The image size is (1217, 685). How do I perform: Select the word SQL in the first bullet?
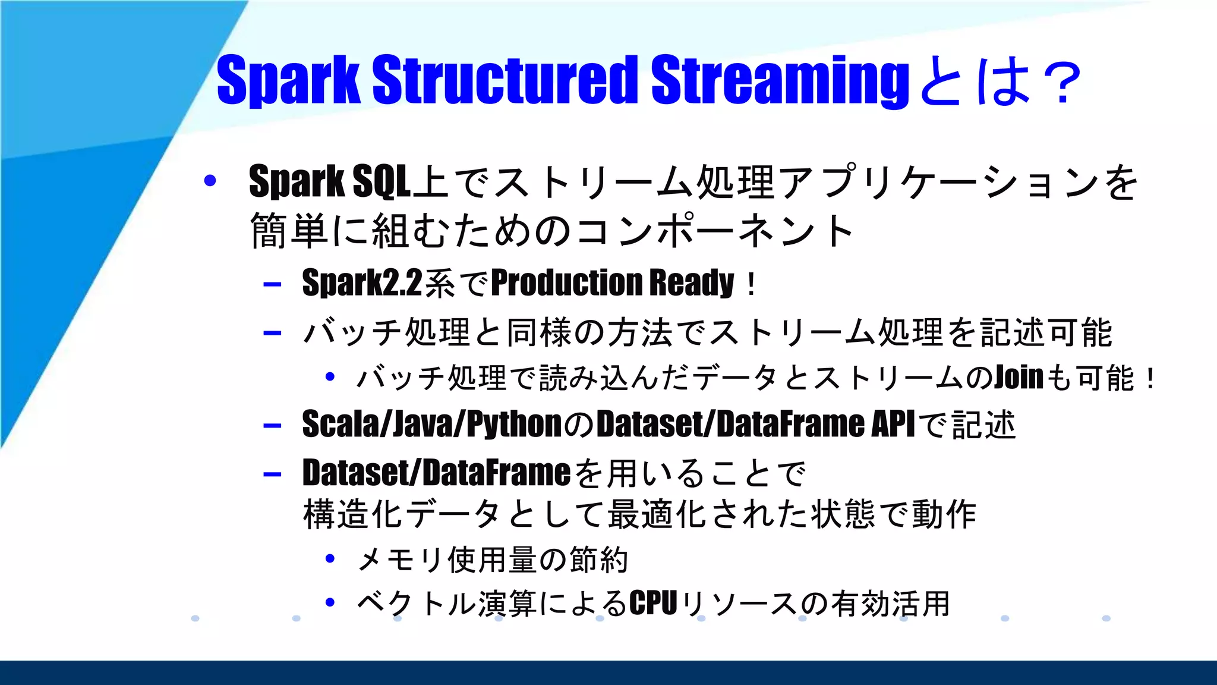pos(382,181)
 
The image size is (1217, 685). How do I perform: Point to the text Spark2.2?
pos(362,282)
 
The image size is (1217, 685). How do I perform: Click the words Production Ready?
pos(613,282)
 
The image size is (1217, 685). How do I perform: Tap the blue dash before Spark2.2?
pos(272,284)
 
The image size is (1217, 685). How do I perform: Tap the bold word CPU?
pos(653,604)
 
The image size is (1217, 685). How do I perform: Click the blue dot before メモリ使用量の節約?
pos(330,558)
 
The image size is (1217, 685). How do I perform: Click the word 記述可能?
pos(1046,332)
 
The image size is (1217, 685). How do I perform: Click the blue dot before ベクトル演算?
pos(330,602)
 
